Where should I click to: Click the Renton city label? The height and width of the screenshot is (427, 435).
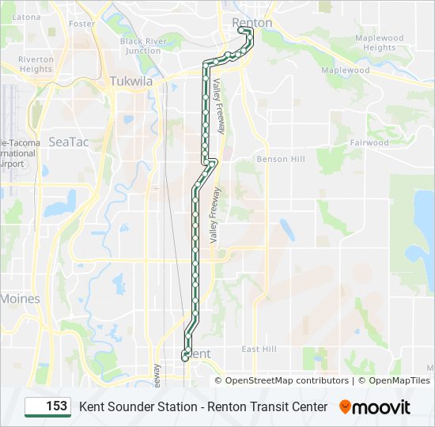coord(252,23)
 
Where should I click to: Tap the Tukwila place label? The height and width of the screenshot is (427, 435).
coord(130,81)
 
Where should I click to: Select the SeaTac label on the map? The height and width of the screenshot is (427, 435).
coord(69,142)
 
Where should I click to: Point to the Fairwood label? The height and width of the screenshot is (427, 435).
coord(369,143)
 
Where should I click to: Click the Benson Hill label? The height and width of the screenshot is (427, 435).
coord(281,159)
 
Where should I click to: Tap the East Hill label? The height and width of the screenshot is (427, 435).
coord(259,349)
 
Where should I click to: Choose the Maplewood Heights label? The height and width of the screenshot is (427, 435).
coord(380,43)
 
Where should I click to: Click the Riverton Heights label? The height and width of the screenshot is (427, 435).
coord(36,64)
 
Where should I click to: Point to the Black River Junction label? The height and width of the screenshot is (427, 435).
coord(143,46)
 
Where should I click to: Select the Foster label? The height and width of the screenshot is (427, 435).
coord(81,24)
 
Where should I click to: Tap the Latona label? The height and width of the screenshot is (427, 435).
coord(26,16)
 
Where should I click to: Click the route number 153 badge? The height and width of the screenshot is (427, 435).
coord(48,406)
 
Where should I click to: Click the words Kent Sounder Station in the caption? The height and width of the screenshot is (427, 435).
coord(138,406)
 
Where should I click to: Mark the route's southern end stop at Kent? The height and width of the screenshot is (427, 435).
coord(185,357)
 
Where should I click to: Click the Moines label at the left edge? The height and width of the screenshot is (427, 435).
coord(20,299)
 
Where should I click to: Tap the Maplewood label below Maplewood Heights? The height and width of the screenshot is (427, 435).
coord(346,70)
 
